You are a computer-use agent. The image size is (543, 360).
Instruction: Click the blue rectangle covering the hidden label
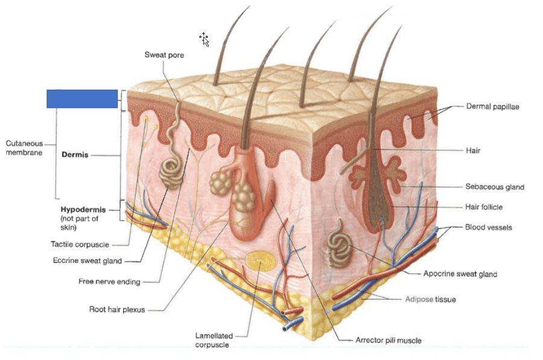coord(82,98)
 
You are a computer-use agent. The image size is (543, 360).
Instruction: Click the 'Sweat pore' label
coord(164,55)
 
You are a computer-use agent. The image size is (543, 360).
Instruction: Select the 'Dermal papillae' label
coord(492,106)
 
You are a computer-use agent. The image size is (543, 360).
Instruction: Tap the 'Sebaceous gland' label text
coord(495,187)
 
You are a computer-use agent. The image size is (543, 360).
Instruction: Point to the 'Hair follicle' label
coord(484,207)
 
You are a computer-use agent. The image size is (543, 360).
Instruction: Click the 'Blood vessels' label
coord(489,227)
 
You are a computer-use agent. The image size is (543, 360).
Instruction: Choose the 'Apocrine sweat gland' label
coord(460,274)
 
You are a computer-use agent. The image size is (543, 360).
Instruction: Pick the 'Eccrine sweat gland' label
coord(87,261)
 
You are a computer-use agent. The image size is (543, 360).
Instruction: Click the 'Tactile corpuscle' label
coord(80,244)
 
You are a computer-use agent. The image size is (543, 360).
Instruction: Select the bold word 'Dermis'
coord(75,155)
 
